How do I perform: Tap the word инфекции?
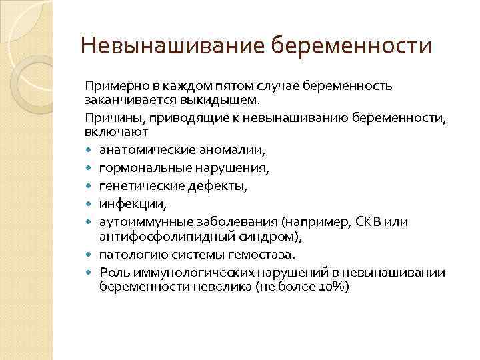125,203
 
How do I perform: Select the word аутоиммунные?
137,221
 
